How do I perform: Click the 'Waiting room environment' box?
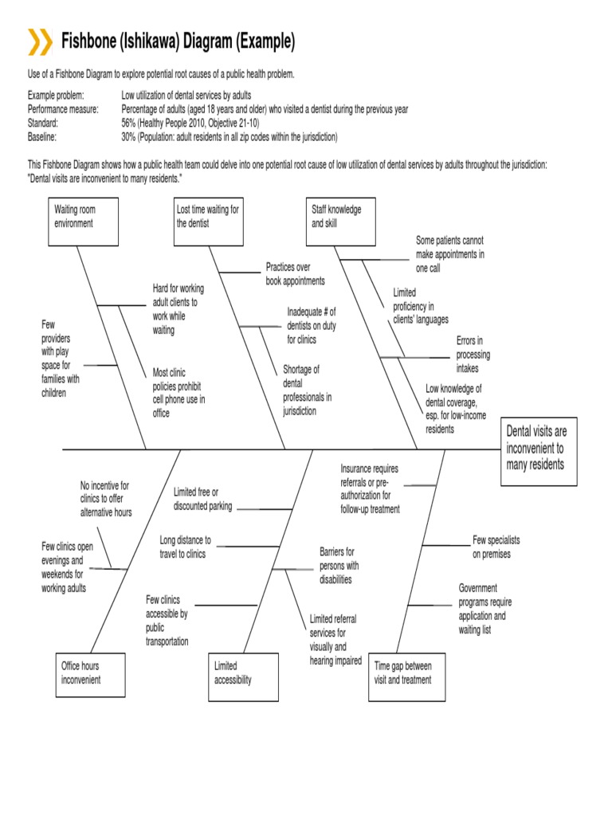click(x=83, y=222)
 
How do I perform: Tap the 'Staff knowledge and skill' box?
click(x=340, y=222)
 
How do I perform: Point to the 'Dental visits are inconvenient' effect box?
click(x=536, y=450)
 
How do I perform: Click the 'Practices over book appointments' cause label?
click(x=295, y=274)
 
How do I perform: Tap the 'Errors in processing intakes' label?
click(x=473, y=355)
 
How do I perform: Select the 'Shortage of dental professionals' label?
click(x=307, y=390)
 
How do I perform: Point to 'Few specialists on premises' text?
click(x=496, y=547)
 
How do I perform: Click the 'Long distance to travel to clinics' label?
click(x=185, y=547)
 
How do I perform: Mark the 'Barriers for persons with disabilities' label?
click(x=339, y=565)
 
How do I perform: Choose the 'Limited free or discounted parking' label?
click(x=202, y=499)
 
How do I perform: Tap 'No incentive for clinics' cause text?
click(x=106, y=499)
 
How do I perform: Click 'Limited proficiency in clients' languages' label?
click(x=421, y=306)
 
